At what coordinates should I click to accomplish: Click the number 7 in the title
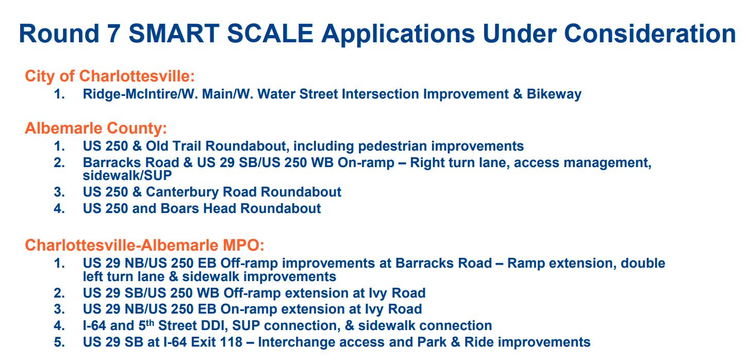click(114, 34)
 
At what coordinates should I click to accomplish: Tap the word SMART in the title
click(174, 34)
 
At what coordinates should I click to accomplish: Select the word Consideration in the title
click(650, 34)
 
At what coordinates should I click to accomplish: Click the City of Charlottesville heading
click(110, 76)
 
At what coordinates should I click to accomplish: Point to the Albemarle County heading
click(96, 128)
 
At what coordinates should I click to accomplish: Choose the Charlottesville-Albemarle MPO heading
click(144, 246)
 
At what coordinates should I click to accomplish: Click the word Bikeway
click(554, 94)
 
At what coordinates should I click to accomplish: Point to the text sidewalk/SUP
click(127, 175)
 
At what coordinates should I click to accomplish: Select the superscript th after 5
click(150, 323)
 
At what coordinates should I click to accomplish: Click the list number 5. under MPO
click(59, 342)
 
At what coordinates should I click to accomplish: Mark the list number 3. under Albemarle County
click(59, 192)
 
